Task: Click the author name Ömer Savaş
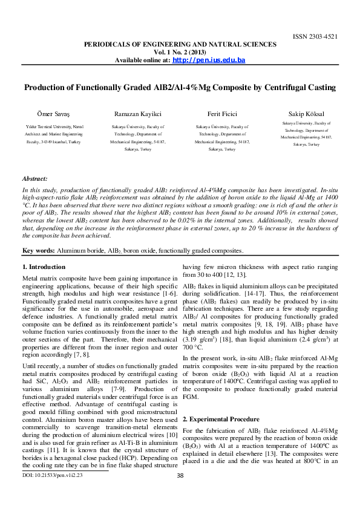click(x=45, y=113)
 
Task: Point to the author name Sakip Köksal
click(x=303, y=113)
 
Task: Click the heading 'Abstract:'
click(x=34, y=179)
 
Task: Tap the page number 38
click(x=180, y=493)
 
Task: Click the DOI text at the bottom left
click(x=52, y=493)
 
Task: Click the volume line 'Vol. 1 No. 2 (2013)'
click(x=180, y=53)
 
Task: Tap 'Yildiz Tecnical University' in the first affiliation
click(x=45, y=126)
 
